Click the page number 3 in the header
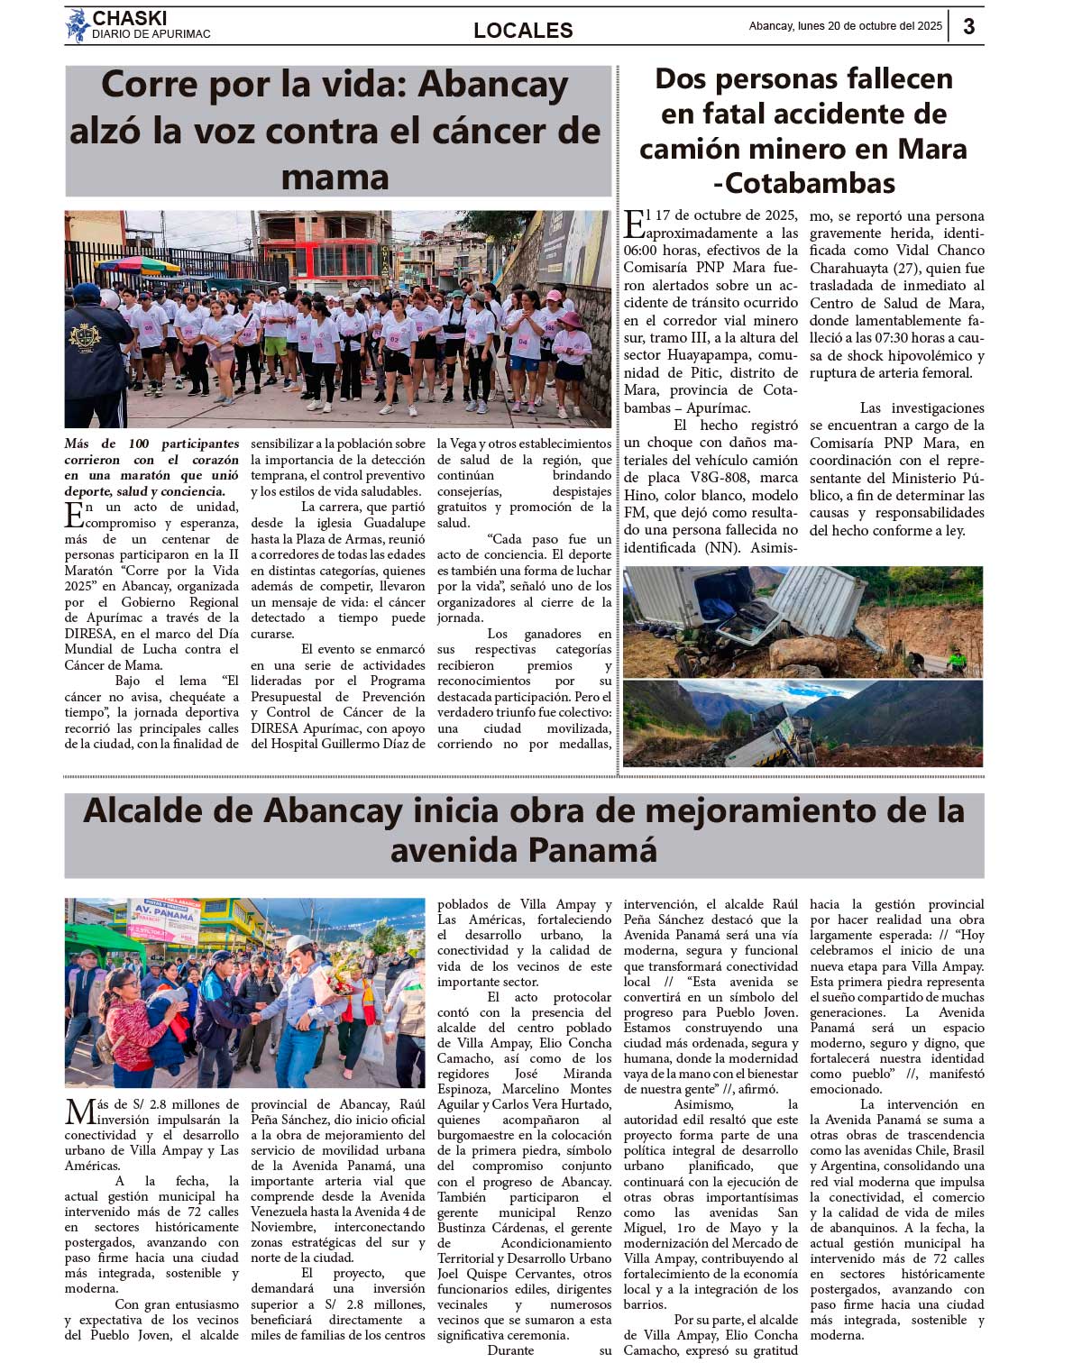click(968, 26)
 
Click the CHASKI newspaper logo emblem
click(78, 25)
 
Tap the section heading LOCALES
click(523, 30)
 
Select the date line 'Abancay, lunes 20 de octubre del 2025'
click(845, 26)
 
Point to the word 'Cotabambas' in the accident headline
click(810, 183)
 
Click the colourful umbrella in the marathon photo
click(136, 265)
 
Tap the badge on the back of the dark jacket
click(86, 337)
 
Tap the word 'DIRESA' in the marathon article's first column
click(88, 634)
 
